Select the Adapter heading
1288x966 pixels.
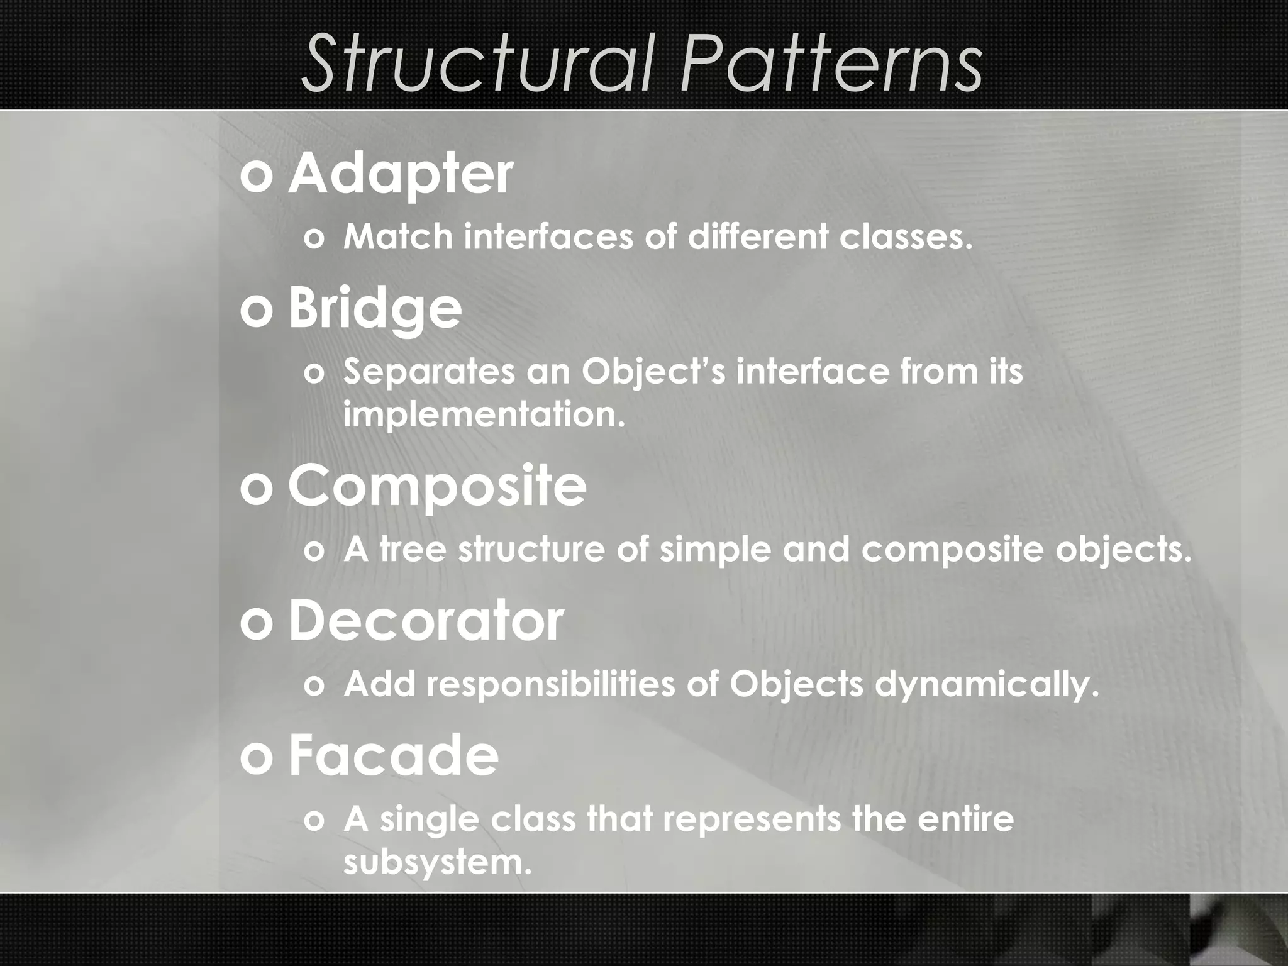pos(401,175)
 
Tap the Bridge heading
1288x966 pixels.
pos(375,309)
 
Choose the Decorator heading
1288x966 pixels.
pos(426,621)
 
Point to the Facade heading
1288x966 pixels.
pos(393,757)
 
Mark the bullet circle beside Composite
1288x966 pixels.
pos(256,489)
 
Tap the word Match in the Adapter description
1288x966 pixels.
pos(398,237)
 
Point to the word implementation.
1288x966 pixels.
pos(484,416)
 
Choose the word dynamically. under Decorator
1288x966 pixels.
pos(987,686)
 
